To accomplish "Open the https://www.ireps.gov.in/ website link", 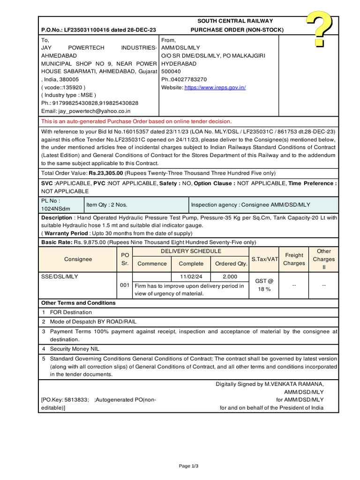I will click(x=215, y=88).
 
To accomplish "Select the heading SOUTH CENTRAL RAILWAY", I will click(x=235, y=21).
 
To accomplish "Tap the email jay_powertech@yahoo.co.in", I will click(x=94, y=111).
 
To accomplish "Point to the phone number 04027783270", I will click(x=190, y=80).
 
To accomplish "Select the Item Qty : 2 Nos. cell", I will click(x=107, y=205).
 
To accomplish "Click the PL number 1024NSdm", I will click(x=54, y=209).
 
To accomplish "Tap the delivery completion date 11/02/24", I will click(x=191, y=277).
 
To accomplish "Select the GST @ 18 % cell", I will click(x=263, y=285).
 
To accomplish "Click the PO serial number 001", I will click(x=125, y=285).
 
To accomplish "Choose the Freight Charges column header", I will click(x=294, y=259).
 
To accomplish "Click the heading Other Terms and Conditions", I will click(x=78, y=303).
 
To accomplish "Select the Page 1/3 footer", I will click(x=189, y=466).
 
